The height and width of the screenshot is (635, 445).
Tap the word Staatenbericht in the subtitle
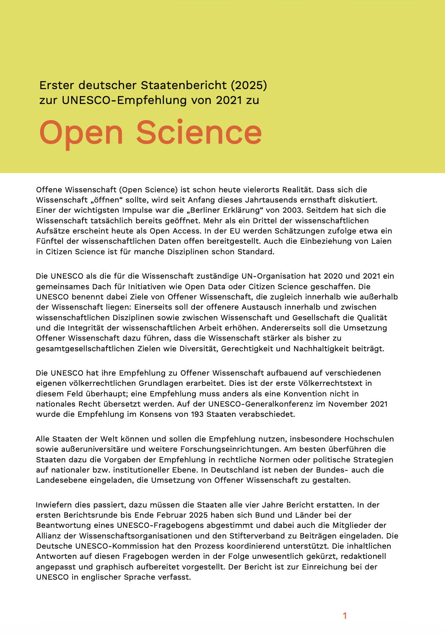tap(184, 85)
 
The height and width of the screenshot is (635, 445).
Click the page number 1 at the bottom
tap(345, 616)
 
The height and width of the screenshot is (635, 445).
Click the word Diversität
tap(199, 349)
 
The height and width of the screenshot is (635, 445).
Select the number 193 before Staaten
tap(197, 414)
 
